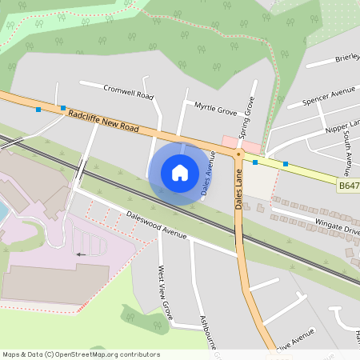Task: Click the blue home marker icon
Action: coord(180,173)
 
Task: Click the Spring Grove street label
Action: coord(246,118)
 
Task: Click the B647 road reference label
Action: coord(348,185)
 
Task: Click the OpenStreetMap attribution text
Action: coord(81,354)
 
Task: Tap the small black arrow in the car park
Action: coord(79,254)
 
